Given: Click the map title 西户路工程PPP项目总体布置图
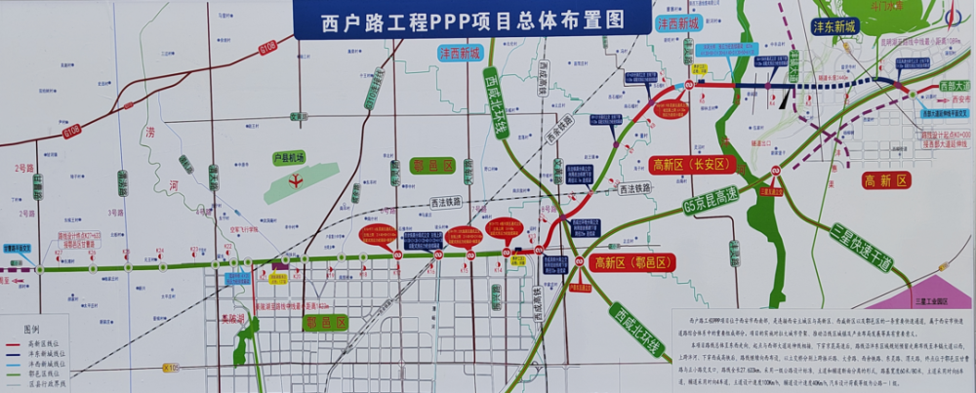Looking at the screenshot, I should click(471, 20).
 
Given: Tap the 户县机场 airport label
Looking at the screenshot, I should click(288, 158).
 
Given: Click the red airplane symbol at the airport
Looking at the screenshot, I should click(295, 179).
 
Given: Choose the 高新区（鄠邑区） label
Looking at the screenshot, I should click(633, 262).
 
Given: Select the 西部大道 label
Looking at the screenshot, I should click(955, 86).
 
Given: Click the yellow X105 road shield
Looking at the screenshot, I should click(170, 368).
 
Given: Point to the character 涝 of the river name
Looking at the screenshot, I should click(150, 132).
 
